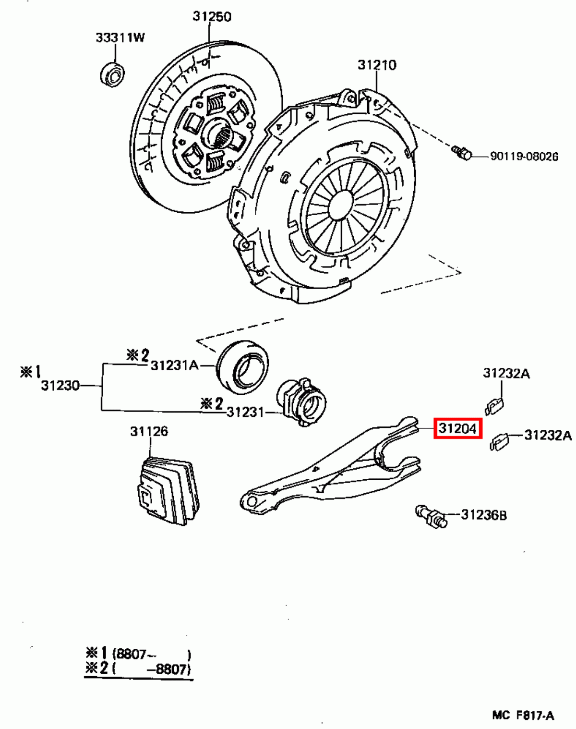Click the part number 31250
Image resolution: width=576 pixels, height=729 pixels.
[x=212, y=16]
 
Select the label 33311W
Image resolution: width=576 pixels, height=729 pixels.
[x=120, y=37]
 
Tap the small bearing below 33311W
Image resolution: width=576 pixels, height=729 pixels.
[x=112, y=74]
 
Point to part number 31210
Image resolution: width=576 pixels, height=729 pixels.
[x=377, y=65]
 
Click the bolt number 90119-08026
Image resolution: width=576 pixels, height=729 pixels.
[x=524, y=156]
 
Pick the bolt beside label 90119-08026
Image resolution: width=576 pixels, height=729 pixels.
[x=462, y=153]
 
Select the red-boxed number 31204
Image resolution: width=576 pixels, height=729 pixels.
[x=457, y=428]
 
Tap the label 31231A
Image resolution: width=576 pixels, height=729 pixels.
[x=174, y=365]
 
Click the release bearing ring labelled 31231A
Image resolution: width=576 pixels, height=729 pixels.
[x=242, y=367]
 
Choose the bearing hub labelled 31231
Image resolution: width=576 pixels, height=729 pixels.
[x=299, y=402]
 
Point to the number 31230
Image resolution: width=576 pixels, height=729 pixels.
[x=60, y=385]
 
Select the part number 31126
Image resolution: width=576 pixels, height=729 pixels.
[x=149, y=431]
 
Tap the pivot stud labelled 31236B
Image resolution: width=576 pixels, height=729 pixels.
[x=431, y=516]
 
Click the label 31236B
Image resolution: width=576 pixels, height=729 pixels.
[x=483, y=515]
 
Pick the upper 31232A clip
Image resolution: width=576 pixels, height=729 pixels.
[x=494, y=406]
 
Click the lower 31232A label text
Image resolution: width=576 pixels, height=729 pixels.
[x=548, y=435]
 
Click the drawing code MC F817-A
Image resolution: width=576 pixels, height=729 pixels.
[x=523, y=715]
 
